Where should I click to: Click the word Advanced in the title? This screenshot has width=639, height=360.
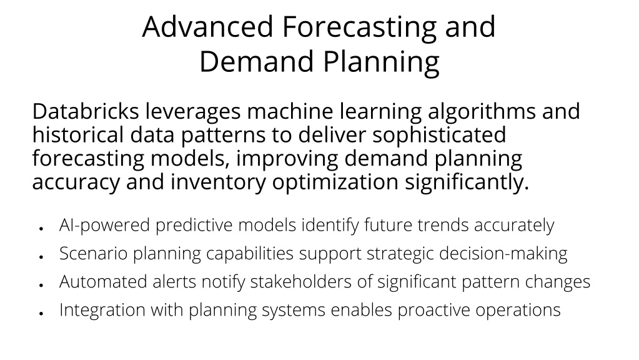pyautogui.click(x=207, y=27)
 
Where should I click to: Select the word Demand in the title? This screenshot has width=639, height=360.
pyautogui.click(x=257, y=62)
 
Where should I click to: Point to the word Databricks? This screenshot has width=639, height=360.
pyautogui.click(x=86, y=111)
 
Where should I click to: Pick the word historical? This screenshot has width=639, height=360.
pyautogui.click(x=78, y=134)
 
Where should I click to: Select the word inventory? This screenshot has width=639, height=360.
pyautogui.click(x=218, y=182)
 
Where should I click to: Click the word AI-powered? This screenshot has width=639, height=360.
pyautogui.click(x=105, y=226)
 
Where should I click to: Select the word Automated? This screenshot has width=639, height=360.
pyautogui.click(x=103, y=282)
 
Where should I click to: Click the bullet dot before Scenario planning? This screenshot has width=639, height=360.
pyautogui.click(x=41, y=257)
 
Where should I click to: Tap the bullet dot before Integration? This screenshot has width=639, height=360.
pyautogui.click(x=41, y=314)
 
